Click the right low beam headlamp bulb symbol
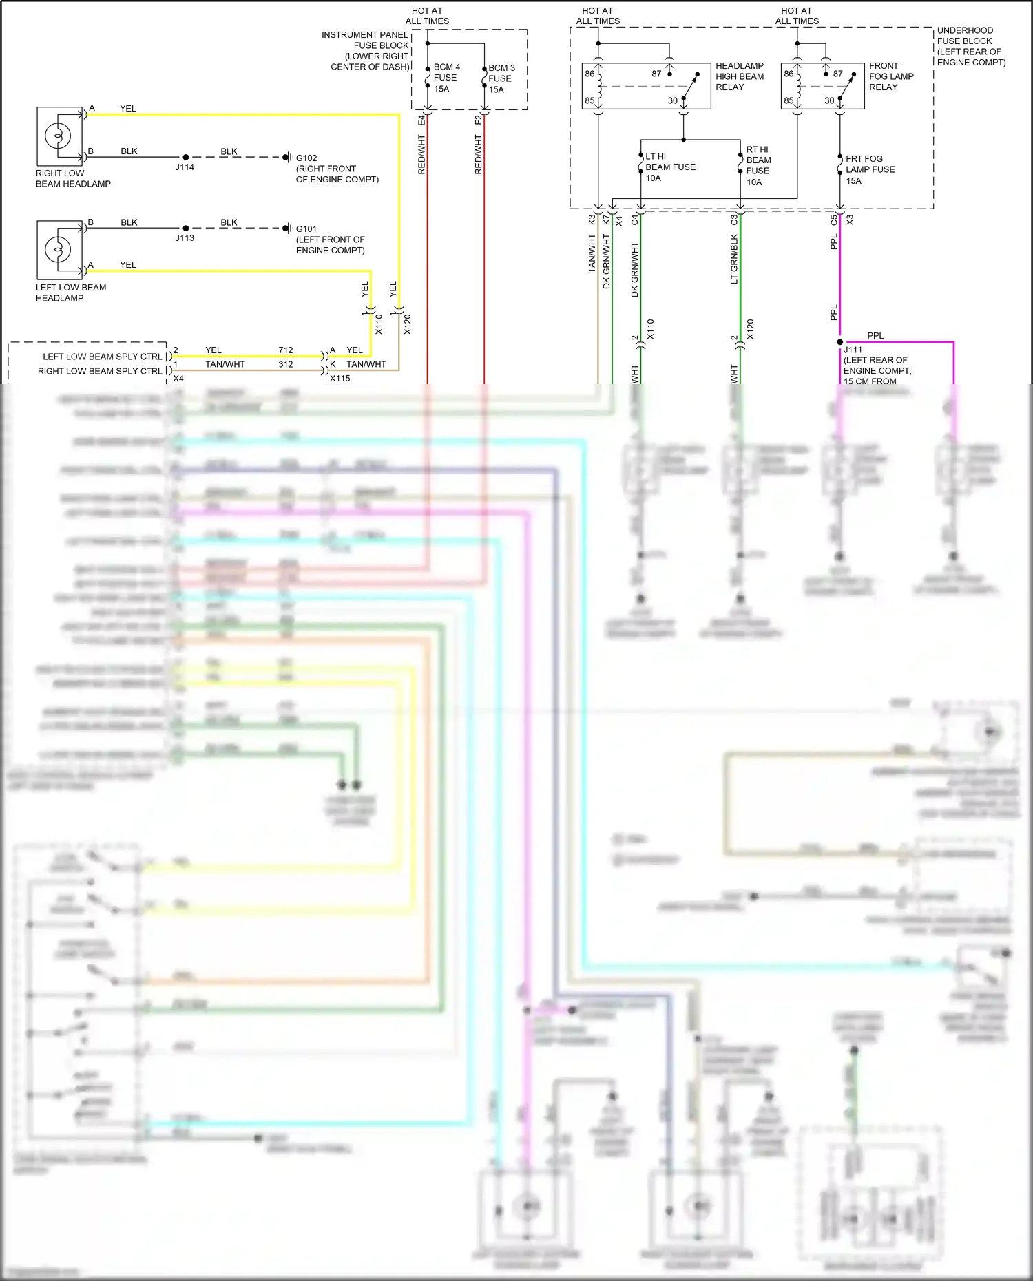click(58, 136)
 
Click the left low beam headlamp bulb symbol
click(58, 249)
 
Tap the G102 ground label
click(306, 158)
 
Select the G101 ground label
click(306, 229)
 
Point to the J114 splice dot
click(185, 157)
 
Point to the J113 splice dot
click(185, 228)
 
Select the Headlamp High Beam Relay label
click(739, 76)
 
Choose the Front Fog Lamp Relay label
click(890, 76)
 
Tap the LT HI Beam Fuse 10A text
click(669, 167)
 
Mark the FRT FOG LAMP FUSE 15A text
click(869, 169)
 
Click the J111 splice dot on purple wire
click(839, 341)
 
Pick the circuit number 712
click(286, 350)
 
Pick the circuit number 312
click(286, 364)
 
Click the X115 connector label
click(340, 378)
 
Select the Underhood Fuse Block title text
click(970, 46)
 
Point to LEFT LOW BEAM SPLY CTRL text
click(102, 357)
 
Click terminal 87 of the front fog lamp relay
click(837, 74)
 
